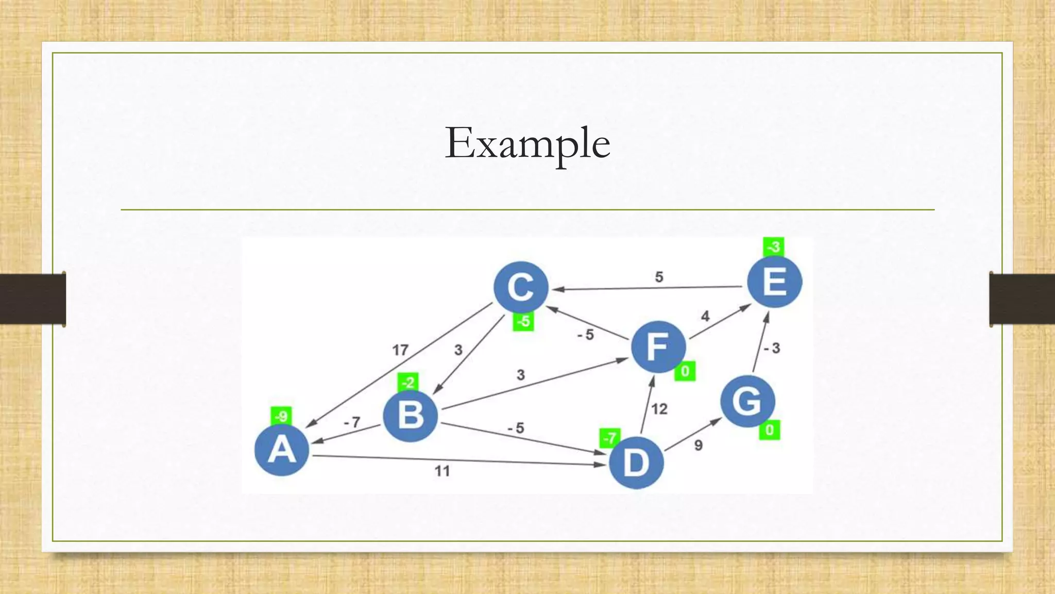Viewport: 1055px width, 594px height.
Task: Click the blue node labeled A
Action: point(282,449)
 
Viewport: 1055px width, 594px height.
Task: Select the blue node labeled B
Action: point(411,416)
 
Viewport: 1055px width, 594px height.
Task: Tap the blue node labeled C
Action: point(521,287)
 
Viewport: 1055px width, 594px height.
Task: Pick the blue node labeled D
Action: point(636,463)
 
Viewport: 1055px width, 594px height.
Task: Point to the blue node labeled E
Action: point(774,282)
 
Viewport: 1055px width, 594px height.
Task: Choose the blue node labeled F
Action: point(658,346)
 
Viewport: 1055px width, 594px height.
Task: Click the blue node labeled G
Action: point(747,401)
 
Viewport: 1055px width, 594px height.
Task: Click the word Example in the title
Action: point(527,143)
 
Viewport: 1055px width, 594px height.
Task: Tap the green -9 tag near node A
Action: point(281,416)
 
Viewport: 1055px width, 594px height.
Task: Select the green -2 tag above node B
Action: point(408,383)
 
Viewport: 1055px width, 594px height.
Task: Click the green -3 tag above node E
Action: point(773,247)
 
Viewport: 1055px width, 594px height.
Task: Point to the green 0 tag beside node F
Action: point(685,371)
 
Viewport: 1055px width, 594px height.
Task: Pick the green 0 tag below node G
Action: point(769,430)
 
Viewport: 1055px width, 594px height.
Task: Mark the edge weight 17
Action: point(400,351)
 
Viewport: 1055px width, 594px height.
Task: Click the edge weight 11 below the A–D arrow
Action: point(442,471)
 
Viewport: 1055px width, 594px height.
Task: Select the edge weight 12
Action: point(659,409)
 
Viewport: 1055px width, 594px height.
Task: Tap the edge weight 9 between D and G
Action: point(698,445)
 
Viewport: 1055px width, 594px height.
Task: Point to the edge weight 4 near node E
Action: point(705,316)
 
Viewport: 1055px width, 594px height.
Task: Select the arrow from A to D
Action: point(458,460)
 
